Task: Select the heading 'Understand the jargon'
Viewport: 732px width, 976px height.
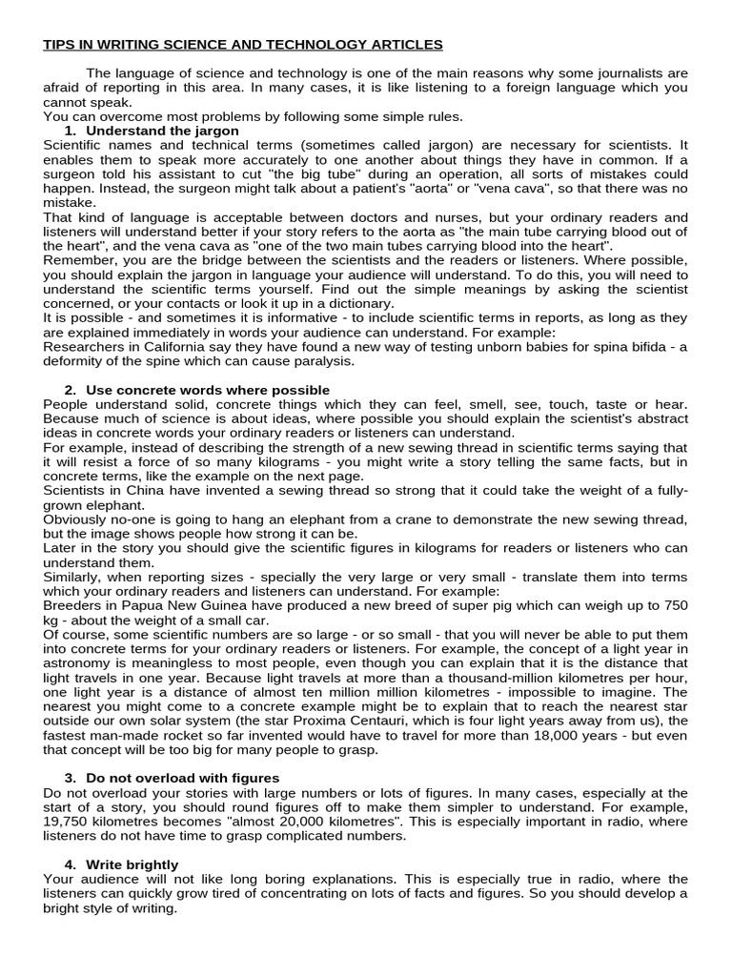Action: pyautogui.click(x=162, y=131)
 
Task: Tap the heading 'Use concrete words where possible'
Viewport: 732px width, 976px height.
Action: pyautogui.click(x=208, y=390)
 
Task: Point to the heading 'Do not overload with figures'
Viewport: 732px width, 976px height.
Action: pyautogui.click(x=182, y=779)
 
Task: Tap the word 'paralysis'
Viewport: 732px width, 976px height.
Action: pyautogui.click(x=323, y=361)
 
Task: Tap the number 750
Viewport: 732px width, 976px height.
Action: pyautogui.click(x=675, y=606)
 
